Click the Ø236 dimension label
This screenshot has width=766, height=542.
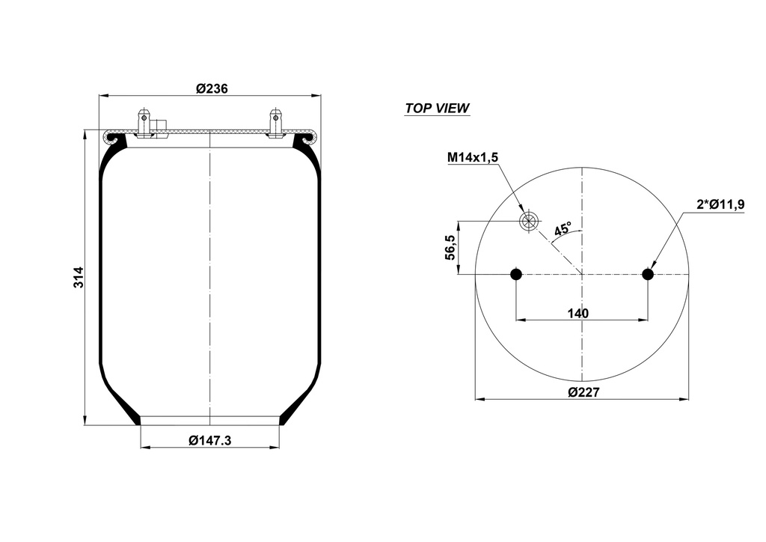pos(212,88)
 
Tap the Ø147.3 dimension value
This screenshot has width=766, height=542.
pos(210,440)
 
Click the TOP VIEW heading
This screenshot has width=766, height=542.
pos(437,108)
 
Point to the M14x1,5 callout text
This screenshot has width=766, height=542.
pos(472,157)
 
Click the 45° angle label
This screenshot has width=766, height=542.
pos(562,228)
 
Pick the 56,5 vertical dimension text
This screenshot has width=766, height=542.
pos(449,247)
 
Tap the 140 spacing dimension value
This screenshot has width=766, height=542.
pos(578,313)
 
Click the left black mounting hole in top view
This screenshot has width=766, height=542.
pos(516,275)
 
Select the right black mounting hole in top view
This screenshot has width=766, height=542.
pos(648,275)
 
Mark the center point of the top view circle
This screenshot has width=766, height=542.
pos(582,275)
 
